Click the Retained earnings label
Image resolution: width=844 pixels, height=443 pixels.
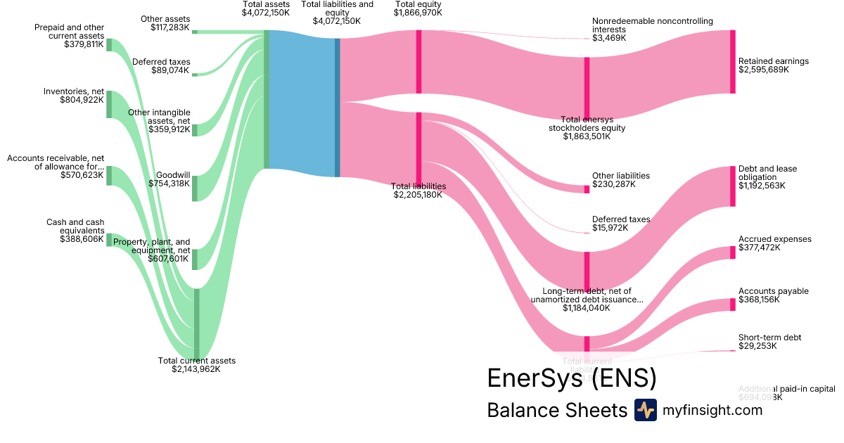773,61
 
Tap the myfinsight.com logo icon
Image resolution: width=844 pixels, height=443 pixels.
645,410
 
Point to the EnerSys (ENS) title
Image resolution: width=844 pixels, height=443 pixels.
571,378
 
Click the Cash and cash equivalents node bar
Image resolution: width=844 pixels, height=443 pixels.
109,240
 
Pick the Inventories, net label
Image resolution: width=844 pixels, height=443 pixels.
73,91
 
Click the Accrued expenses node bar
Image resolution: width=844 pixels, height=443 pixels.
732,252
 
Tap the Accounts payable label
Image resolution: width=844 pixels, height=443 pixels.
773,291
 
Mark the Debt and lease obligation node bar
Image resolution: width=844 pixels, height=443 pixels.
732,186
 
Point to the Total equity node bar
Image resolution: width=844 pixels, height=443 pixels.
418,62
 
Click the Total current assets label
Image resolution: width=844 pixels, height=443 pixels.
196,361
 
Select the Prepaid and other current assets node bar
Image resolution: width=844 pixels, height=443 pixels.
109,45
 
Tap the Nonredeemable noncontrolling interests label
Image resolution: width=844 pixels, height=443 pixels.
642,25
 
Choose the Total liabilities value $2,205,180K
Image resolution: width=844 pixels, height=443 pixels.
418,195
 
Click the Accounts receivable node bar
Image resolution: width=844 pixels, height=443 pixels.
109,176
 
